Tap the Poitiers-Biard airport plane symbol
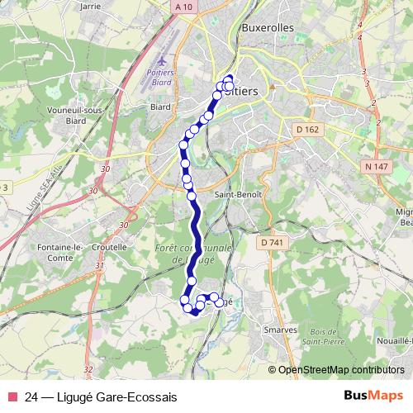(161, 60)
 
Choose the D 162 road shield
(306, 130)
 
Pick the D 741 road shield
(270, 242)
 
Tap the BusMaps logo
(374, 396)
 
